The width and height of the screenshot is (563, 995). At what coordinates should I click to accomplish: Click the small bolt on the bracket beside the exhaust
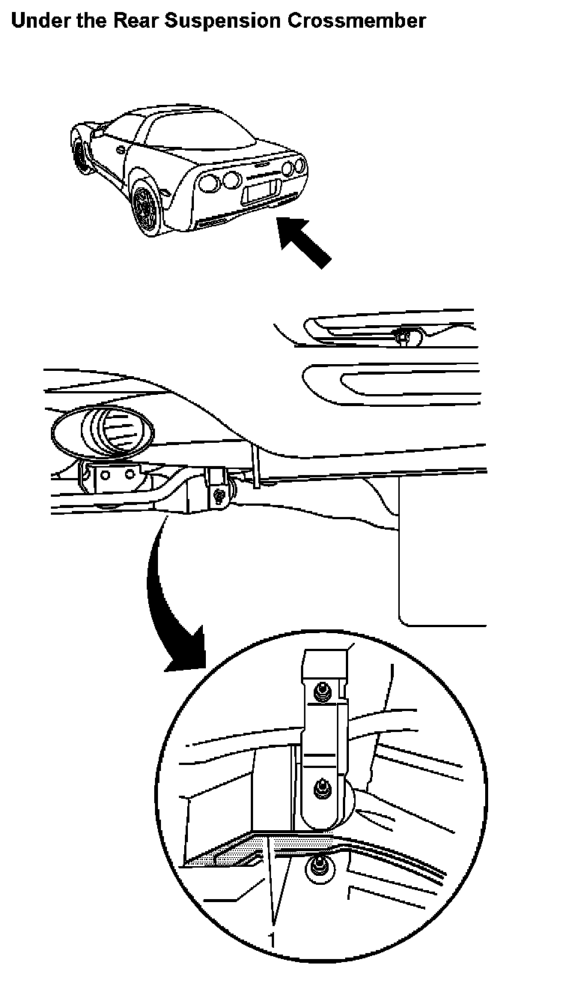[x=219, y=495]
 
